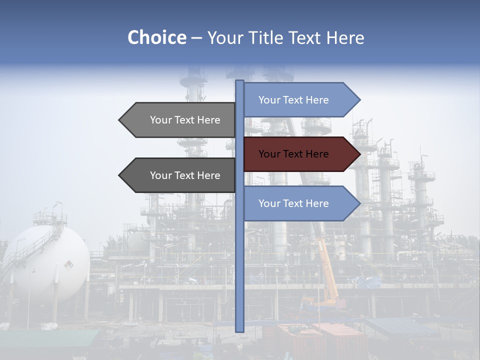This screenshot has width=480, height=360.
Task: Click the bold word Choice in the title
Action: (156, 37)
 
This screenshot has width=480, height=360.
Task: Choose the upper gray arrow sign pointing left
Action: (180, 120)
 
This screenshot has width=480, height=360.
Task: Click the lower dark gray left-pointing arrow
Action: (180, 175)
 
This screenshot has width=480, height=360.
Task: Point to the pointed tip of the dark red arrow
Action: (359, 154)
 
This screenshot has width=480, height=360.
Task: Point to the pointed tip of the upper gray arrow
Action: (120, 120)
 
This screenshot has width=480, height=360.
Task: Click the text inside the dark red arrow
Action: (293, 154)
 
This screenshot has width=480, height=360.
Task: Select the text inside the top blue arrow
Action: (293, 100)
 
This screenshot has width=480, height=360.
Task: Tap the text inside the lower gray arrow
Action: (185, 175)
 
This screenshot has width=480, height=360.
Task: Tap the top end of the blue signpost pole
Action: (239, 82)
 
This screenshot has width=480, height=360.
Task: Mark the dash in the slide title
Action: (196, 38)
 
